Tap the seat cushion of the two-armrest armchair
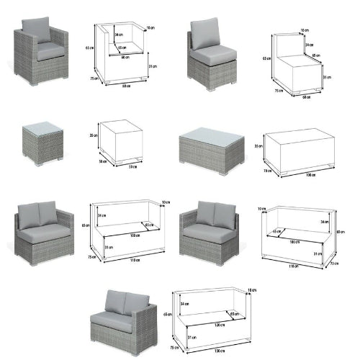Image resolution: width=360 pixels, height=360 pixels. click(x=50, y=52)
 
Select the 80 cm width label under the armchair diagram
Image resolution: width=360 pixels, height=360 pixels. click(x=126, y=85)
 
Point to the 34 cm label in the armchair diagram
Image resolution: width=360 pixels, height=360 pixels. click(x=119, y=35)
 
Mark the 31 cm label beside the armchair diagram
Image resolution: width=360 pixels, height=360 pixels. click(x=151, y=66)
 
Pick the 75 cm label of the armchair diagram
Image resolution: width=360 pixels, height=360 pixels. click(x=94, y=78)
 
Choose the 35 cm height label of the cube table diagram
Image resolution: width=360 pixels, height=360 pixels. click(x=94, y=135)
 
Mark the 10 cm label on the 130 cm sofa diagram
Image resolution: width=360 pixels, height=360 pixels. click(x=252, y=289)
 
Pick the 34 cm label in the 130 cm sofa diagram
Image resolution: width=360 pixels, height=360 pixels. click(x=184, y=303)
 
